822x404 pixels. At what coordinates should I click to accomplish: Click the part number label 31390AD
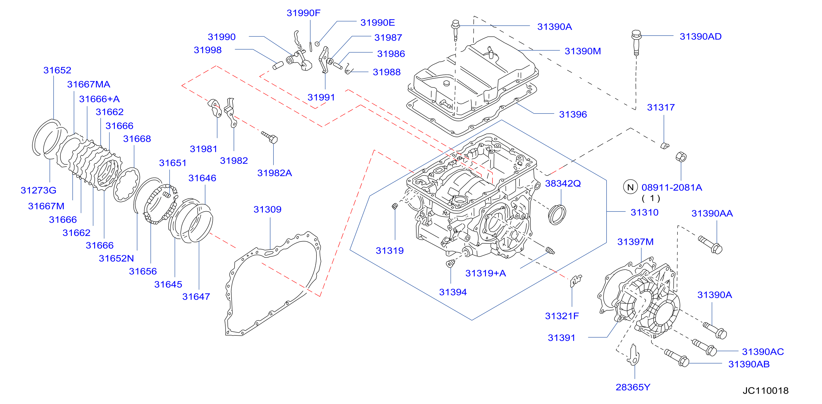click(x=700, y=36)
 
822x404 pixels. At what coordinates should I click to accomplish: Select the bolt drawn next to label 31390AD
click(x=636, y=43)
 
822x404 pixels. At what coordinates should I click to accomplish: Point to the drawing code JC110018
click(x=765, y=390)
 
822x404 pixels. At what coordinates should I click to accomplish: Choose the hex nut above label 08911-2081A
click(x=681, y=157)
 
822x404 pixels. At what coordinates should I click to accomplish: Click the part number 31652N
click(x=116, y=258)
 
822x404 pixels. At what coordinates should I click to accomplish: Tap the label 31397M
click(x=635, y=242)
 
